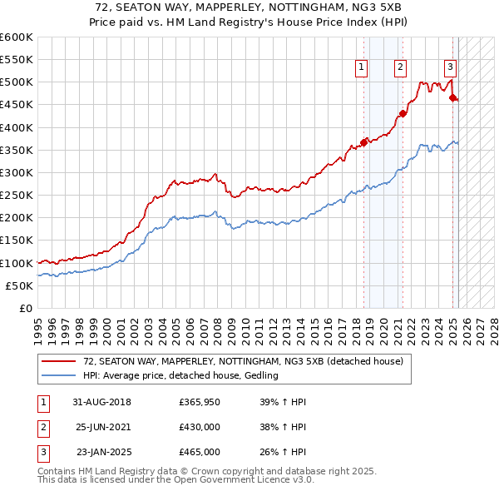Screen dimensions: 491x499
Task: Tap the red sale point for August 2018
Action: [x=363, y=142]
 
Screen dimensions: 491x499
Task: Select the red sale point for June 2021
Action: [x=403, y=114]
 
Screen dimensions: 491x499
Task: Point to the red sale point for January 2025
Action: [x=452, y=98]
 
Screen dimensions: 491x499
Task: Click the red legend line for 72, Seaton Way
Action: [x=60, y=362]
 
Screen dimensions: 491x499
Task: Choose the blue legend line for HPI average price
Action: [x=60, y=376]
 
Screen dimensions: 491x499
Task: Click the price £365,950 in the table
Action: [x=199, y=402]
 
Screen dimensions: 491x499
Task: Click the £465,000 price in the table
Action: [x=199, y=452]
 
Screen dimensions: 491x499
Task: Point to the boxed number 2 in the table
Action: [x=42, y=427]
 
